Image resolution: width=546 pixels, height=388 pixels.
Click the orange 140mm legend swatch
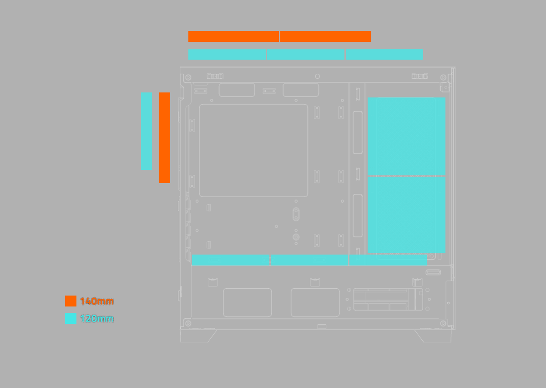coord(71,301)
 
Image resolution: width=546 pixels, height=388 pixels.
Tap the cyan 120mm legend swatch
coord(71,318)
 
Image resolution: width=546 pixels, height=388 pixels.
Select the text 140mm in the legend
coord(97,301)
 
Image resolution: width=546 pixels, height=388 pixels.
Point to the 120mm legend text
coord(97,319)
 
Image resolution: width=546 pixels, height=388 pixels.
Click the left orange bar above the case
coord(233,36)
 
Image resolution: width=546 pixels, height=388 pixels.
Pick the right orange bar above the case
coord(325,36)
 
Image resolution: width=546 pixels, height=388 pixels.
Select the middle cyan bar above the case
coord(306,54)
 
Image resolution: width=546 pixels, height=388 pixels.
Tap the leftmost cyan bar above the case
coord(227,54)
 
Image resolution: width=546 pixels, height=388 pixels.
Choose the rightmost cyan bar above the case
coord(384,54)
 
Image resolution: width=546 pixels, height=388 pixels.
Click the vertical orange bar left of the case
coord(165,138)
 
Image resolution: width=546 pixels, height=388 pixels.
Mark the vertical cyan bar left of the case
coord(147,131)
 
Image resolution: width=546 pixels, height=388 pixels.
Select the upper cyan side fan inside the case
coord(406,136)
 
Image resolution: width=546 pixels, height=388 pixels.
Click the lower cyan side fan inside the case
coord(406,214)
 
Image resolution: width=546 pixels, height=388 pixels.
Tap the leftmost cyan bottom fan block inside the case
coord(231,260)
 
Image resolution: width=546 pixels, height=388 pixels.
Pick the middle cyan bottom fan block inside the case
coord(309,260)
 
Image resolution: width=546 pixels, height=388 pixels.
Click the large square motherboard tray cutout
coord(253,150)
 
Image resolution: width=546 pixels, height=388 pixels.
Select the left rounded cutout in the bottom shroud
coord(248,302)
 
